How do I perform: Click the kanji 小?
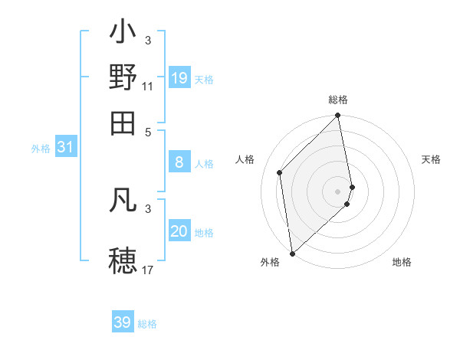(x=123, y=34)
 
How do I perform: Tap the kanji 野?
(x=123, y=77)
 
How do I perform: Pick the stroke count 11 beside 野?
(x=148, y=86)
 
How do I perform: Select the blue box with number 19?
(x=179, y=78)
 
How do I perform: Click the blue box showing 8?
(x=179, y=162)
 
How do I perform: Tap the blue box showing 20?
(x=179, y=231)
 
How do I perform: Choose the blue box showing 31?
(x=65, y=147)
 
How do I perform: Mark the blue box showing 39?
(x=123, y=322)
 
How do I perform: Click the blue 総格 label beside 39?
(x=148, y=324)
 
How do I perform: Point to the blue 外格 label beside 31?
(x=41, y=149)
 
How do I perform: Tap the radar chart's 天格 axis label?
(x=431, y=159)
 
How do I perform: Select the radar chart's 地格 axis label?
(x=402, y=262)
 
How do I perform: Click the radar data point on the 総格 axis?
(x=337, y=116)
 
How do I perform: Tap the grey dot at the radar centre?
(x=338, y=191)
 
